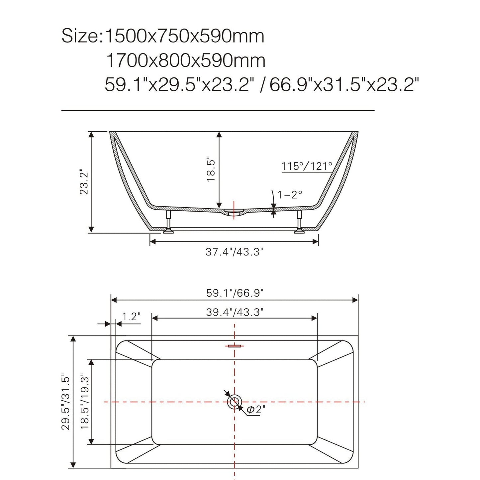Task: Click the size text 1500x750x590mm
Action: click(184, 36)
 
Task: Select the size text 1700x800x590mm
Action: click(185, 60)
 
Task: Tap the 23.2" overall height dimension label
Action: click(84, 182)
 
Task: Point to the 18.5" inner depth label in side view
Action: click(211, 169)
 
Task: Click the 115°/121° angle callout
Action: click(307, 166)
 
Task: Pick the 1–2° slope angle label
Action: click(290, 195)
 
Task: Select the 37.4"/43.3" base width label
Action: click(234, 252)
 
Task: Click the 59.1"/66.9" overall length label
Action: click(235, 293)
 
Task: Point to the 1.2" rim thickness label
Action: click(131, 317)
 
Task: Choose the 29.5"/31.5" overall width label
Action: click(65, 403)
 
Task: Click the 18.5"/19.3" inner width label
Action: click(85, 402)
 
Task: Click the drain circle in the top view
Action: click(235, 402)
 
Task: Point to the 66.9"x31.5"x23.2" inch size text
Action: click(342, 85)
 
